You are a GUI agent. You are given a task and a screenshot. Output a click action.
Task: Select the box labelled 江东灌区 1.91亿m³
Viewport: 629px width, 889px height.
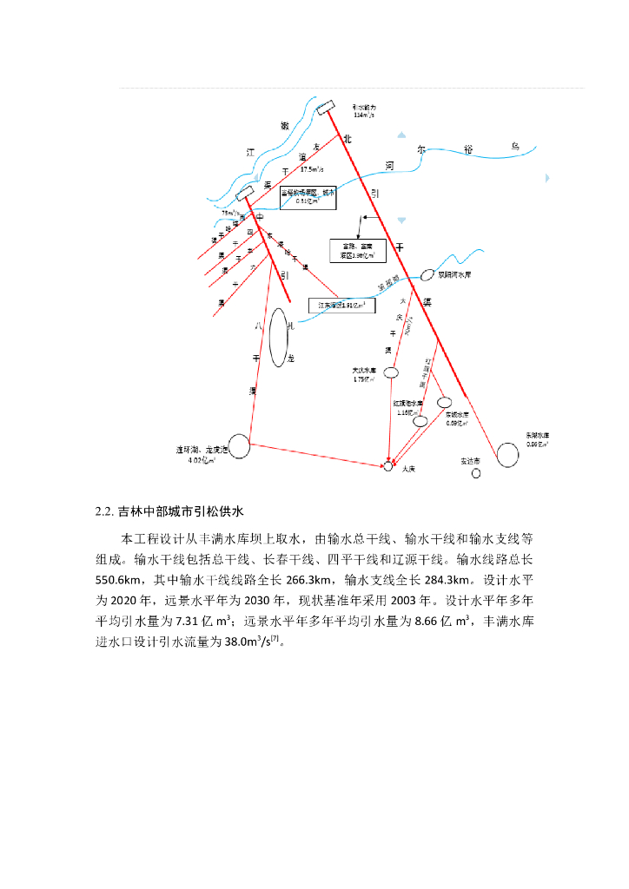tap(342, 306)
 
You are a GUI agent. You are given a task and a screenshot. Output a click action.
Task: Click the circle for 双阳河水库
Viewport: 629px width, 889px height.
tap(427, 274)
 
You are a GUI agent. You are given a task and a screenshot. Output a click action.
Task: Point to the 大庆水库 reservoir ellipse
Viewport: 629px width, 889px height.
tap(391, 372)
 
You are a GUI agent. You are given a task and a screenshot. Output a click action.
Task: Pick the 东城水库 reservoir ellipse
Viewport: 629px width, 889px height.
tap(445, 402)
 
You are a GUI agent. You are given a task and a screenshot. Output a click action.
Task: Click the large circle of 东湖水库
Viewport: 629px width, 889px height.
tap(507, 452)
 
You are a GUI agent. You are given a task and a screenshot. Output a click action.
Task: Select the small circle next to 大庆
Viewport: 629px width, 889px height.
tap(388, 467)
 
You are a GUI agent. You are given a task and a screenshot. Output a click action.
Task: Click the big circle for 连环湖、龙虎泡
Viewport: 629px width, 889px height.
tap(239, 446)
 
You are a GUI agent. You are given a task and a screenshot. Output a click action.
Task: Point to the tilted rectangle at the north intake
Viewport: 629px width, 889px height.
tap(326, 107)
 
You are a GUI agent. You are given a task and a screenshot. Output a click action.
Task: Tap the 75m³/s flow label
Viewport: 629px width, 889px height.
tap(230, 213)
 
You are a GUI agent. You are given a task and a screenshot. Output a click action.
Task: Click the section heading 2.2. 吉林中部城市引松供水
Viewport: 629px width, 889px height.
tap(173, 510)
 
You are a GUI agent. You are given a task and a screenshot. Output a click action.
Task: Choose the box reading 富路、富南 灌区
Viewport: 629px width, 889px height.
tap(356, 251)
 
